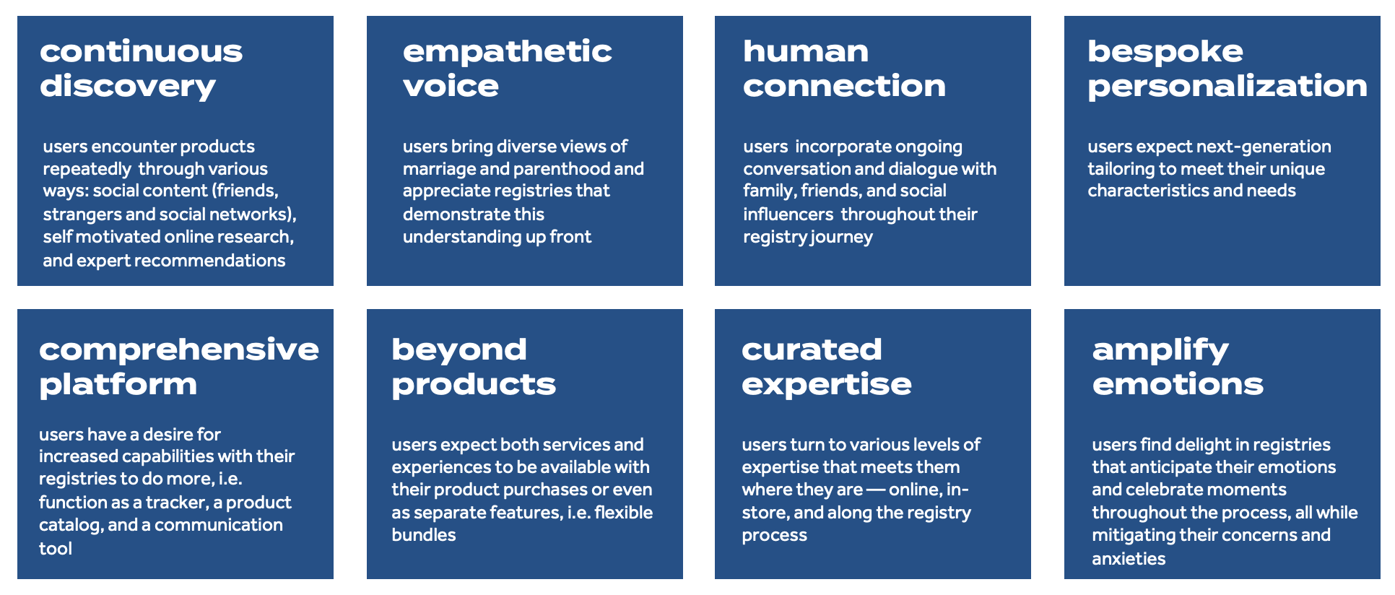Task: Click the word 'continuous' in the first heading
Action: pyautogui.click(x=141, y=52)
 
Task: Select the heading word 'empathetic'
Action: pyautogui.click(x=507, y=52)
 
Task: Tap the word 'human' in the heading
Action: pyautogui.click(x=806, y=52)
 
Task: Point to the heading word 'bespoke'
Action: pyautogui.click(x=1165, y=52)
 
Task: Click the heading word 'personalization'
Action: pyautogui.click(x=1227, y=87)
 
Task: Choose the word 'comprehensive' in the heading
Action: pyautogui.click(x=178, y=350)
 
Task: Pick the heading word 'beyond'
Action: pyautogui.click(x=459, y=350)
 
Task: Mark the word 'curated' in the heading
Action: pyautogui.click(x=812, y=350)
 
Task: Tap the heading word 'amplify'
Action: pyautogui.click(x=1160, y=350)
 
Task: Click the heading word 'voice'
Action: pyautogui.click(x=451, y=87)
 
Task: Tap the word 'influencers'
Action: pyautogui.click(x=788, y=214)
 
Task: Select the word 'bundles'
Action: pyautogui.click(x=423, y=535)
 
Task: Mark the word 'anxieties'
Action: pyautogui.click(x=1128, y=559)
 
